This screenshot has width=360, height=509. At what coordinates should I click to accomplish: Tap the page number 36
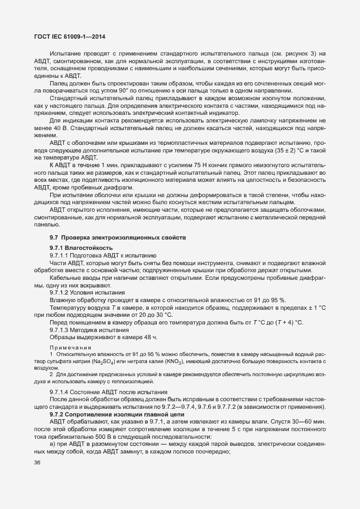(38, 463)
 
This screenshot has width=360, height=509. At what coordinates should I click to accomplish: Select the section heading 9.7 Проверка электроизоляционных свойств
(118, 238)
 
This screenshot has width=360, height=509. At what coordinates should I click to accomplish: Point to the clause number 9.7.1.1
(59, 255)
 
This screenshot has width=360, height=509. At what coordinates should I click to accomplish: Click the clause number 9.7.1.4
(59, 392)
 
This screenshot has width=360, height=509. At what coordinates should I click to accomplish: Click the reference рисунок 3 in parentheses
(298, 53)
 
